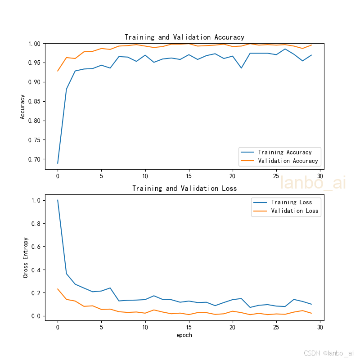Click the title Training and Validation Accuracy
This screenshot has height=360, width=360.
pyautogui.click(x=184, y=37)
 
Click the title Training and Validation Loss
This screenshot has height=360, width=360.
pyautogui.click(x=184, y=189)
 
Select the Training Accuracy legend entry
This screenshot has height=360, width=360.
pyautogui.click(x=276, y=152)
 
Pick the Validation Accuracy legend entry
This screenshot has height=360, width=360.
pyautogui.click(x=279, y=161)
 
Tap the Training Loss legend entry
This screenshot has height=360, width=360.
pyautogui.click(x=283, y=202)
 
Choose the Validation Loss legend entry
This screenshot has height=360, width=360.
pyautogui.click(x=286, y=211)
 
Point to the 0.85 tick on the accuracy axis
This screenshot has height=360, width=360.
pyautogui.click(x=34, y=102)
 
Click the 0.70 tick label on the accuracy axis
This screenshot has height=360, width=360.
pyautogui.click(x=34, y=159)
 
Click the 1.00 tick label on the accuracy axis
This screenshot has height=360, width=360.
pyautogui.click(x=34, y=44)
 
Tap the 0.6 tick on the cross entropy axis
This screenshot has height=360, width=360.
pyautogui.click(x=36, y=247)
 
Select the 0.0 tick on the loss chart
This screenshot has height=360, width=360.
pyautogui.click(x=36, y=316)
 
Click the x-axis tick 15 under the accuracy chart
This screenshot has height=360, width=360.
pyautogui.click(x=189, y=176)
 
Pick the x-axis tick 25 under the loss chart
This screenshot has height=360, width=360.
pyautogui.click(x=276, y=327)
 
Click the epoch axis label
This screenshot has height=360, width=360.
pyautogui.click(x=184, y=335)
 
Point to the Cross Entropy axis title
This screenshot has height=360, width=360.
pyautogui.click(x=25, y=257)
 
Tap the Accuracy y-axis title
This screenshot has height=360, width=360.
pyautogui.click(x=22, y=107)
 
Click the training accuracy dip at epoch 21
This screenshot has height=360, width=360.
pyautogui.click(x=241, y=68)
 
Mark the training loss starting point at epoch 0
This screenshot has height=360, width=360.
pyautogui.click(x=58, y=200)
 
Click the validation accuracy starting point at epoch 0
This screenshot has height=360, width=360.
pyautogui.click(x=58, y=71)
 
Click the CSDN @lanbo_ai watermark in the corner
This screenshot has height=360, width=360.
pyautogui.click(x=329, y=353)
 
